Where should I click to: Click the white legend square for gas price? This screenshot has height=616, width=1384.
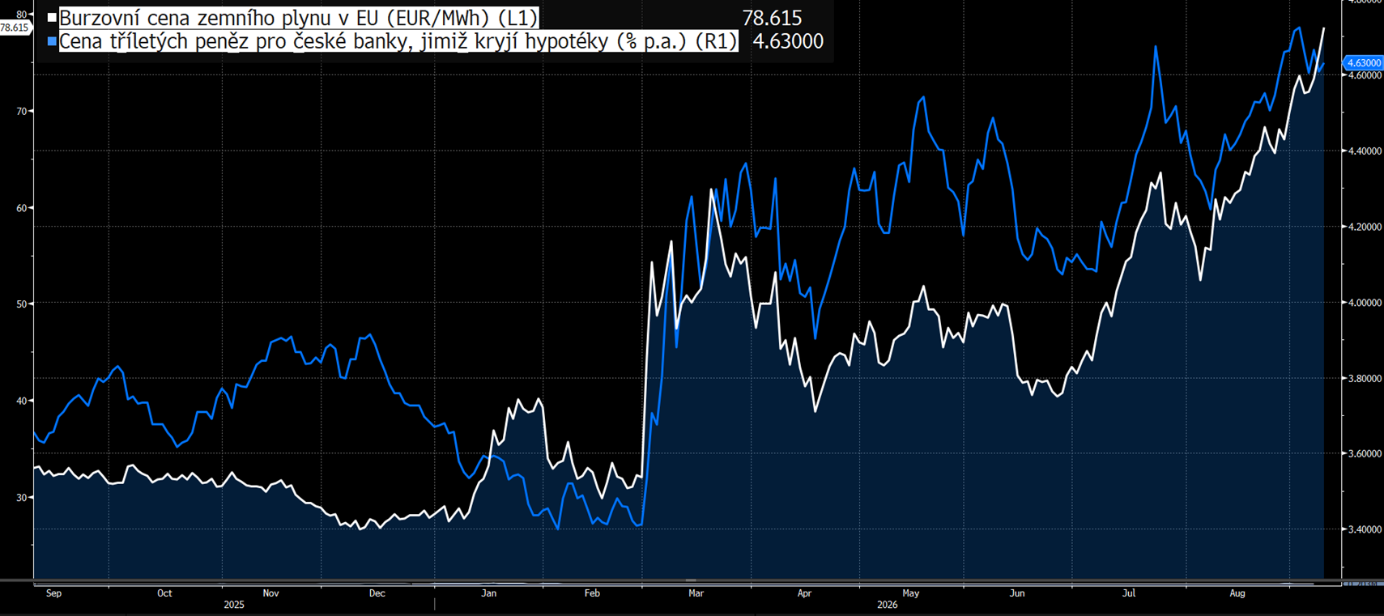53,18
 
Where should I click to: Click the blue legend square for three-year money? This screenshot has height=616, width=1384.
53,41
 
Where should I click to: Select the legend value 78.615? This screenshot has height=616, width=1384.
772,18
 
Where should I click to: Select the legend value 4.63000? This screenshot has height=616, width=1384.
789,41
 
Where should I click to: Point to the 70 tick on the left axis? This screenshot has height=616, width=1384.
22,111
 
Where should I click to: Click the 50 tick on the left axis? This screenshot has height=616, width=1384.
22,304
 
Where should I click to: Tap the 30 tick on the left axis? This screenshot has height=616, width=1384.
22,497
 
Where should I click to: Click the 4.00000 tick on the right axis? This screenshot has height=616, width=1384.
1363,303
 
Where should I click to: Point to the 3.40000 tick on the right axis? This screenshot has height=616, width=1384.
1363,529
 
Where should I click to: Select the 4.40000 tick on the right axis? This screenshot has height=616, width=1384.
1363,151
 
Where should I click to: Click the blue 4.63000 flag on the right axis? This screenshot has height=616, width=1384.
1362,63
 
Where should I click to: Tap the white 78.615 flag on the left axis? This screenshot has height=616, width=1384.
15,28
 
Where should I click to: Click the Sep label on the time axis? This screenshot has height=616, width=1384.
53,593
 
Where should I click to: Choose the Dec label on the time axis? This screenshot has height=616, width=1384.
377,593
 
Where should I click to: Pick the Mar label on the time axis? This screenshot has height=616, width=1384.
696,593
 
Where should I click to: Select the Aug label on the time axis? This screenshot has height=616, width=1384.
1237,593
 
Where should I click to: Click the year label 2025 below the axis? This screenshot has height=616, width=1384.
233,605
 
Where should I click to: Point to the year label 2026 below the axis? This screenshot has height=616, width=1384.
887,605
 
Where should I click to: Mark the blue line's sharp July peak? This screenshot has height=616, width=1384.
1155,47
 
